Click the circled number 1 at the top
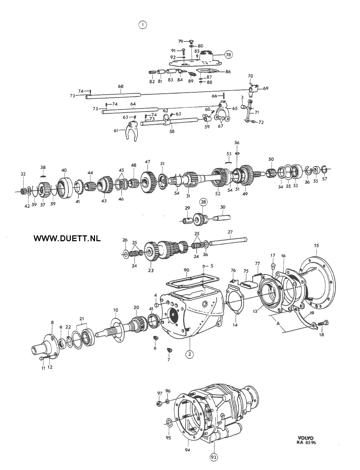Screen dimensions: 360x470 pyautogui.click(x=142, y=25)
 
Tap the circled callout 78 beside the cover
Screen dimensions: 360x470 pyautogui.click(x=228, y=55)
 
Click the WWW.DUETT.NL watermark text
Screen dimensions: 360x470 pyautogui.click(x=67, y=238)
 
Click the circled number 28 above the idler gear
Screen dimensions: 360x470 pyautogui.click(x=203, y=202)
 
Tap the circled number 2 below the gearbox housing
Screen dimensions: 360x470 pyautogui.click(x=190, y=354)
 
